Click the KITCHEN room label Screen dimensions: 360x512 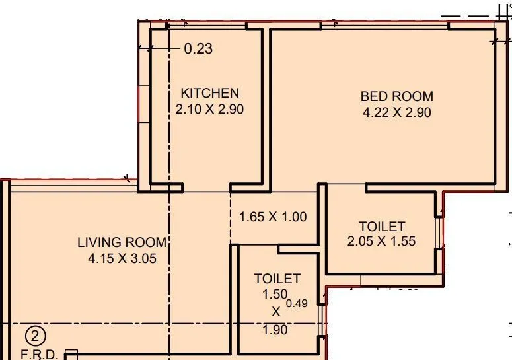209,93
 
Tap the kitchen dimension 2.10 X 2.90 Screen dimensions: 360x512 209,110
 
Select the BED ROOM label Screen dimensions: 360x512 396,96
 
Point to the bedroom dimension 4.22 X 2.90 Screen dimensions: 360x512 396,112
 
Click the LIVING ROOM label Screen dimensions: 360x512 122,242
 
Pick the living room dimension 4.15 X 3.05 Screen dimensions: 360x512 122,259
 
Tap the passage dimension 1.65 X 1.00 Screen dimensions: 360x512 272,216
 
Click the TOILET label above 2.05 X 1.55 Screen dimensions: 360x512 381,227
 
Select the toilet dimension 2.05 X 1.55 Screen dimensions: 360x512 381,242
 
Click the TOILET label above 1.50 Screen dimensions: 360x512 277,279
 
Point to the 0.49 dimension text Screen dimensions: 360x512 301,304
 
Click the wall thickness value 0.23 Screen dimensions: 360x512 198,49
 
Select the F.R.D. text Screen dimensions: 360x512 39,354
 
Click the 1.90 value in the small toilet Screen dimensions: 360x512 275,329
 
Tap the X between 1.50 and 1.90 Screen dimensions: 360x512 275,311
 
